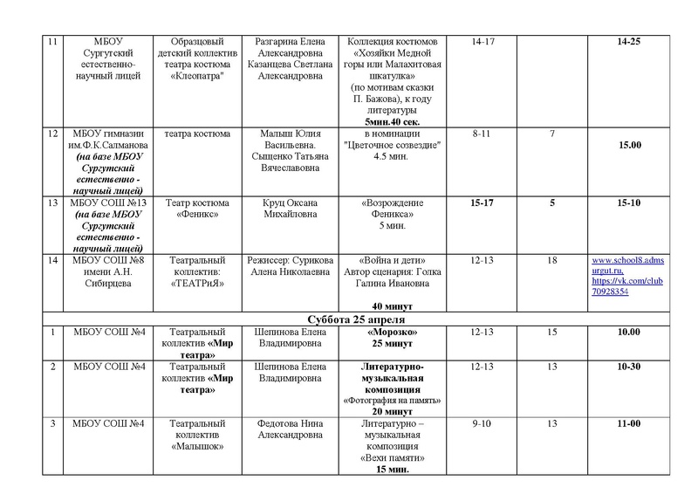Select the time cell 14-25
coord(627,42)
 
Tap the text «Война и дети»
coord(389,260)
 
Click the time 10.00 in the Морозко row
coord(627,332)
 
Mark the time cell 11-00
coord(627,423)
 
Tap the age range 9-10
coord(482,423)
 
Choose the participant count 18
coord(552,260)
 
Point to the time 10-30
coord(627,367)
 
